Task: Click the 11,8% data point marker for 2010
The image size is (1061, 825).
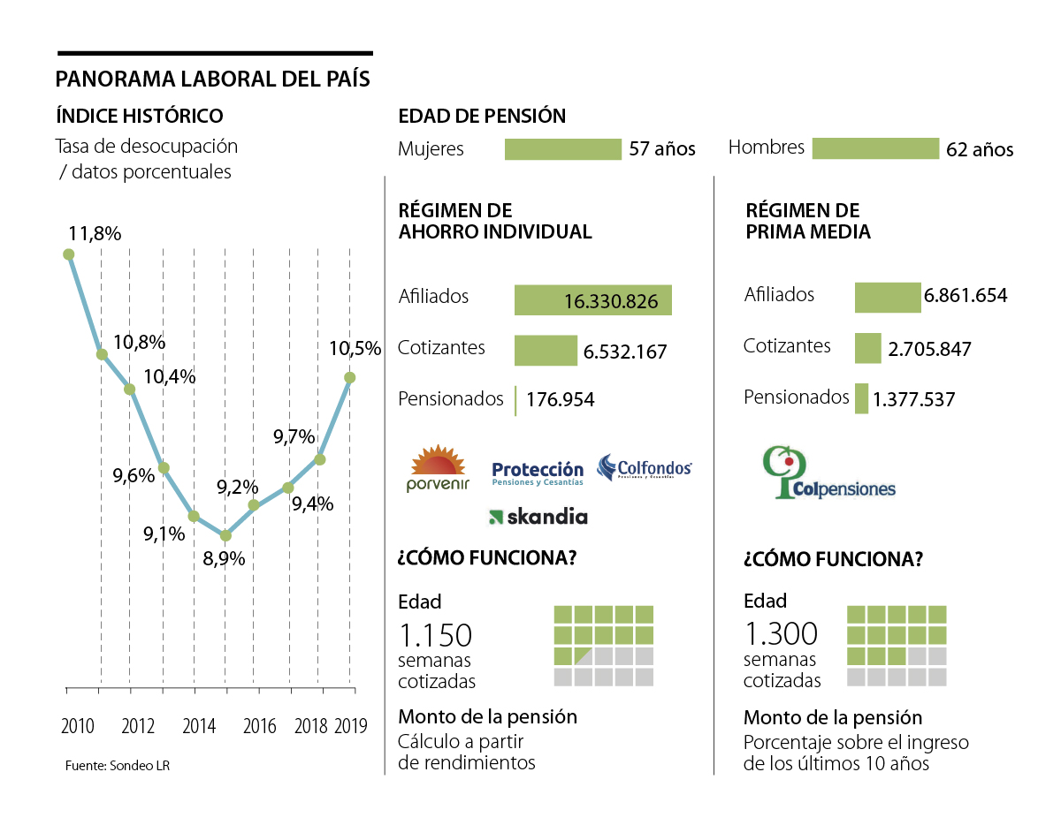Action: click(69, 254)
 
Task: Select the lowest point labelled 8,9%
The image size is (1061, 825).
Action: click(225, 535)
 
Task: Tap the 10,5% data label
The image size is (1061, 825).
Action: click(355, 348)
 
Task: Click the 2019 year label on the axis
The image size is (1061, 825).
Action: click(351, 726)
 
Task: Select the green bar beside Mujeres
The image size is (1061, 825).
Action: click(563, 148)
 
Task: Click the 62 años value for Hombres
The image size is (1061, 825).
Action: click(980, 149)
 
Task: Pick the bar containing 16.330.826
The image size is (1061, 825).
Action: click(592, 300)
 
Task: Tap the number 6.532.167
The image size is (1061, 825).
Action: click(624, 352)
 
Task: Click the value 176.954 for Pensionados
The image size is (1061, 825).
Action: click(561, 399)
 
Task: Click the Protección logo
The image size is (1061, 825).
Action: click(538, 473)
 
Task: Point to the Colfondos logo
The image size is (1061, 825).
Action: click(644, 467)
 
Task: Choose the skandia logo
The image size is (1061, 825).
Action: click(538, 517)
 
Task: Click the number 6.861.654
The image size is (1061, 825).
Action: click(966, 296)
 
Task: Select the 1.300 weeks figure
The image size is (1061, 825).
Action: click(781, 634)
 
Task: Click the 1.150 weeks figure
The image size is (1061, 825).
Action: click(435, 635)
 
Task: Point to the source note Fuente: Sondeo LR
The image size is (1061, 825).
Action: click(117, 766)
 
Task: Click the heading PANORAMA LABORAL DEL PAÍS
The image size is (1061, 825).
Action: click(212, 79)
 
